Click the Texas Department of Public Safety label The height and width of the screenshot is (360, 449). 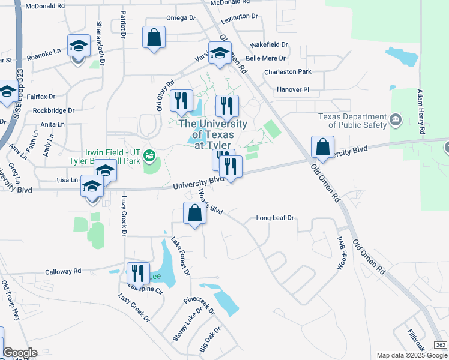coord(352,121)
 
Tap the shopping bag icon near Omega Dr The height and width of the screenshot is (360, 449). coord(154,38)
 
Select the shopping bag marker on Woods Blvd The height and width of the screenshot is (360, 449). coord(195,214)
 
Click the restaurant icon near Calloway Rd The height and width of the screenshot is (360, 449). coord(138,273)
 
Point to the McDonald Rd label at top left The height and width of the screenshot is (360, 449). coord(45,5)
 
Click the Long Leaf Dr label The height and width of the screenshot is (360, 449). coord(274,218)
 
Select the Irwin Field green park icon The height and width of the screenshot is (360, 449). coord(149,157)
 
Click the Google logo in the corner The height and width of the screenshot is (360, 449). coord(20,353)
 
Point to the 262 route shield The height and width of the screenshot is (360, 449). coord(441,344)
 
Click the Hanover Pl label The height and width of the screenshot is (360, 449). coord(292,89)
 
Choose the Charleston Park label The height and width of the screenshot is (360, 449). coord(288,72)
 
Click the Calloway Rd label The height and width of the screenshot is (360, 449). coord(63,272)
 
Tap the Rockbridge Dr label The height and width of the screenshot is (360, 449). coord(53,110)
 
